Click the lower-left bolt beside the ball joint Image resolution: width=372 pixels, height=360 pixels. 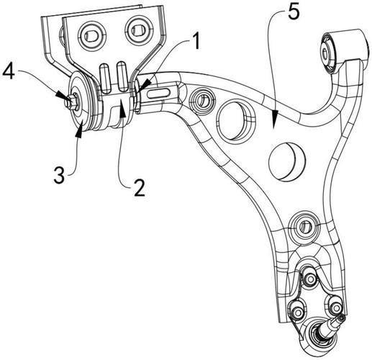[294, 312]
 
